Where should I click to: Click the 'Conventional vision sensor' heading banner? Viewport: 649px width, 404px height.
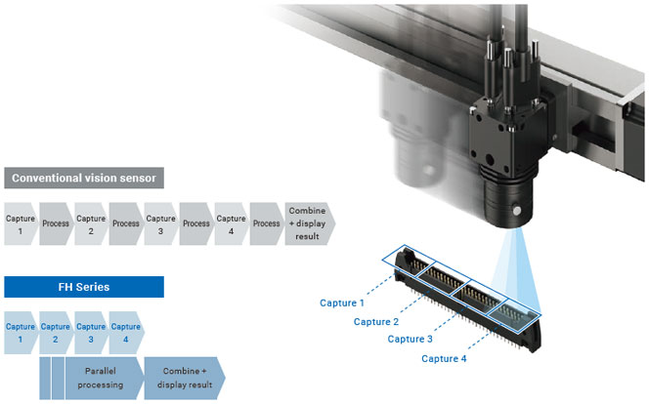pyautogui.click(x=84, y=178)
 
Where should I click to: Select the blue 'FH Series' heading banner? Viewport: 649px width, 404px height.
pyautogui.click(x=84, y=287)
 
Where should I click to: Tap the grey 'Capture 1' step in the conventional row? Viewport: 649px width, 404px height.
pyautogui.click(x=21, y=223)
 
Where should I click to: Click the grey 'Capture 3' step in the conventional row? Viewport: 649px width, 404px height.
pyautogui.click(x=161, y=223)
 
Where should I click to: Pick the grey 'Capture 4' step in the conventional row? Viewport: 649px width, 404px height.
pyautogui.click(x=232, y=223)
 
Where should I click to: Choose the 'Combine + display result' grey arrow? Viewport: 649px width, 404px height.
pyautogui.click(x=309, y=223)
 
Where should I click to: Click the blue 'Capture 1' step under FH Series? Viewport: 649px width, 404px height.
pyautogui.click(x=21, y=333)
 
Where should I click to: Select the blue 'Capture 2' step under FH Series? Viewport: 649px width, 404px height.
pyautogui.click(x=56, y=333)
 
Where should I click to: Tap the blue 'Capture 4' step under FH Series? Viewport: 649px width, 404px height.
pyautogui.click(x=126, y=333)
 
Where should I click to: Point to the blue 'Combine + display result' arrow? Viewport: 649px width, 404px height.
pyautogui.click(x=184, y=378)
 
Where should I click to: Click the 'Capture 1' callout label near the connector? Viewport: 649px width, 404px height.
pyautogui.click(x=342, y=303)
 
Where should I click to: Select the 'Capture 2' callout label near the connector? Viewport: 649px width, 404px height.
pyautogui.click(x=376, y=321)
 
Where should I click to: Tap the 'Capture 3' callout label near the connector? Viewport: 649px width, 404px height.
pyautogui.click(x=410, y=340)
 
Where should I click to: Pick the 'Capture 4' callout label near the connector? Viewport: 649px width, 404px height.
pyautogui.click(x=444, y=358)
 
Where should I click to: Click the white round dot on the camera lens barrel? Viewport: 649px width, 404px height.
pyautogui.click(x=516, y=211)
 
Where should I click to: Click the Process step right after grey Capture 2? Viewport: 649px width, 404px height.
pyautogui.click(x=126, y=223)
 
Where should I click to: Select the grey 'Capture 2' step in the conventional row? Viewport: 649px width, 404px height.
pyautogui.click(x=91, y=223)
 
